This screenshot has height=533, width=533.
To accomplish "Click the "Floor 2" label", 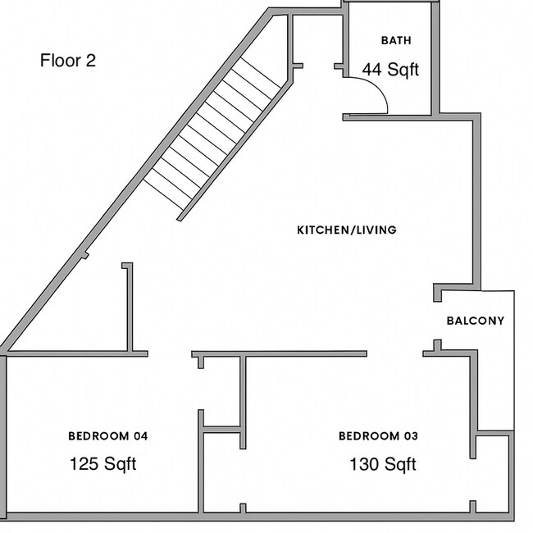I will (68, 61).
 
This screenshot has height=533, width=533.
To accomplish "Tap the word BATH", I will (396, 41).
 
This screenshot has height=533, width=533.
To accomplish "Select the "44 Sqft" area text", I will (390, 70).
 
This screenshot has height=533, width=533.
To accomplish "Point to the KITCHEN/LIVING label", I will (346, 230).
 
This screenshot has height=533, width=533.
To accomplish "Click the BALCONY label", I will (475, 321).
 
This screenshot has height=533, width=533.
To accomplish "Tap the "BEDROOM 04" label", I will (107, 435).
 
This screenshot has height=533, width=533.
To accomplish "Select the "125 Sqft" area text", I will (102, 464).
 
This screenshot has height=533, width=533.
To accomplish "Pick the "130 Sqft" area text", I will (383, 464).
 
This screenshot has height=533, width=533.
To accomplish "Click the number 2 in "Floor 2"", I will (91, 61).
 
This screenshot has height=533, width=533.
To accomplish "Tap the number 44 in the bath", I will (371, 70).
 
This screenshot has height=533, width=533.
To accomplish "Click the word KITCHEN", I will (321, 230).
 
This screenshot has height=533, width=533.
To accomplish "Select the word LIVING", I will (375, 230).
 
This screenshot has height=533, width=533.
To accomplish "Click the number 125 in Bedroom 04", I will (84, 464).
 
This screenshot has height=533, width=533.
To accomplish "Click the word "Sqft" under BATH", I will (402, 70).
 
